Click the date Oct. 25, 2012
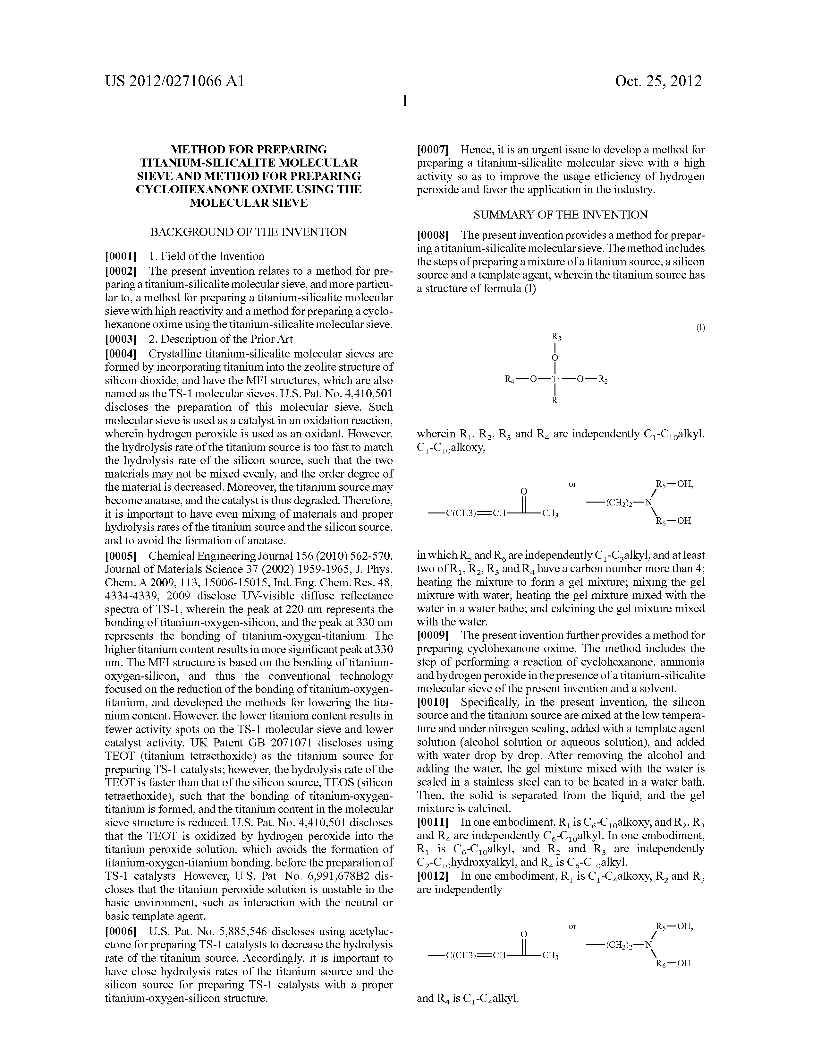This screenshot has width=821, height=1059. (x=658, y=81)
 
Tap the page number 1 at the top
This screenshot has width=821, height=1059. (x=405, y=101)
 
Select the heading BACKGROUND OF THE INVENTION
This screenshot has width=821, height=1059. (x=248, y=232)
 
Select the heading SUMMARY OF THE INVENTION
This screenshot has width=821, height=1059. (x=560, y=215)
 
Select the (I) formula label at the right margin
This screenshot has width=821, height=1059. (x=700, y=327)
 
